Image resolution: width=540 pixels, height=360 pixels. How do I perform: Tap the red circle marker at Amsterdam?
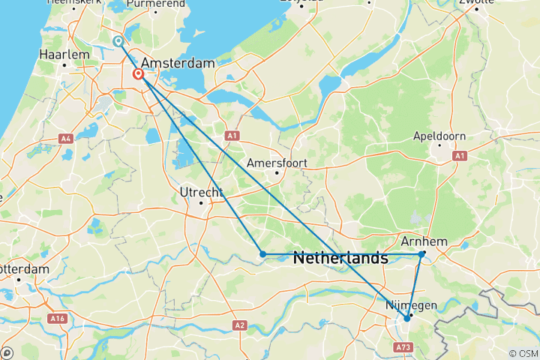click(139, 74)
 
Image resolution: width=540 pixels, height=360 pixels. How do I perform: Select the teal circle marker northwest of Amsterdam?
click(118, 41)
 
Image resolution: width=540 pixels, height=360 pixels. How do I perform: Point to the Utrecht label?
click(200, 193)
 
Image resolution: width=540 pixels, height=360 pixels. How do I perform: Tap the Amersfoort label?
click(276, 163)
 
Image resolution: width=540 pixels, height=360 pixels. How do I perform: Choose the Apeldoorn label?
click(439, 136)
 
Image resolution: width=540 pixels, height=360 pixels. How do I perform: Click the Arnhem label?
click(424, 241)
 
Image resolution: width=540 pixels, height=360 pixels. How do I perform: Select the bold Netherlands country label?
click(340, 258)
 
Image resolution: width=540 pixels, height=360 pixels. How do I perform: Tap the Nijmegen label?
click(411, 306)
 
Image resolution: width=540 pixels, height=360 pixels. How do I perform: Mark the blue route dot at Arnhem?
click(422, 254)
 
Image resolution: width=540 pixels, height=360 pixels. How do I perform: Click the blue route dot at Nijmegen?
click(407, 318)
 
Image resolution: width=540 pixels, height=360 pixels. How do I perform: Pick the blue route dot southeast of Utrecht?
click(262, 254)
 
